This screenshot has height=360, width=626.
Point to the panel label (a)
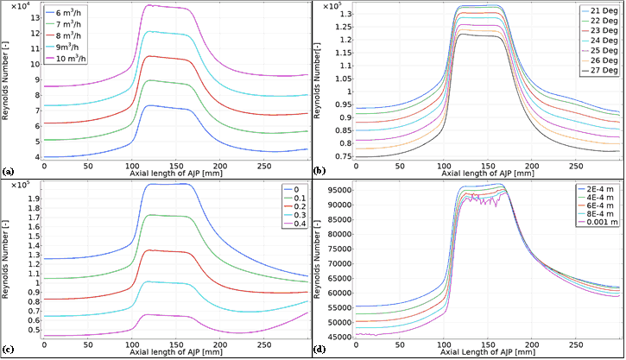point(8,172)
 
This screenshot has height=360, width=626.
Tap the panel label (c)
point(8,350)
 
